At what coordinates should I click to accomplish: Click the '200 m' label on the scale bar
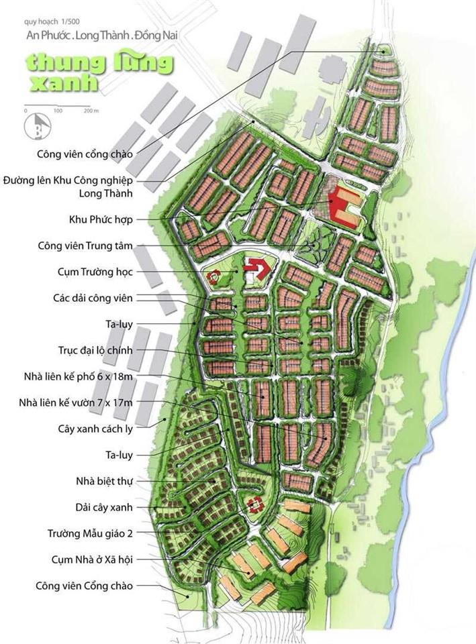tap(91, 110)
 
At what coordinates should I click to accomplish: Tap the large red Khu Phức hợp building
tap(342, 207)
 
